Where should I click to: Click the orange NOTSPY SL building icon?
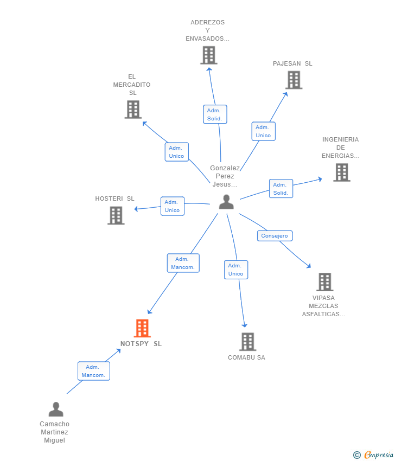pyautogui.click(x=142, y=328)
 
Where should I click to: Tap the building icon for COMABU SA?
pyautogui.click(x=247, y=342)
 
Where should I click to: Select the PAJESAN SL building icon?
pyautogui.click(x=294, y=80)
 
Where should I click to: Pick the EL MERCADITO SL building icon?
pyautogui.click(x=133, y=110)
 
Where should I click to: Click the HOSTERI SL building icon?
pyautogui.click(x=116, y=215)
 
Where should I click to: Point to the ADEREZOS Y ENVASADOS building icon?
pyautogui.click(x=208, y=55)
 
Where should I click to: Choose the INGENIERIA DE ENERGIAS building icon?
pyautogui.click(x=341, y=172)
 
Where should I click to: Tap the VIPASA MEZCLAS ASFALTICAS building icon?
pyautogui.click(x=324, y=282)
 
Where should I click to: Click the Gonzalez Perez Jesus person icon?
pyautogui.click(x=226, y=202)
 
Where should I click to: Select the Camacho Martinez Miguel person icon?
pyautogui.click(x=56, y=409)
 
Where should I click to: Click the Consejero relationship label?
pyautogui.click(x=275, y=236)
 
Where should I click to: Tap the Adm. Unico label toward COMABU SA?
pyautogui.click(x=235, y=270)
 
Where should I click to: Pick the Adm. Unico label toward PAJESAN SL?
pyautogui.click(x=263, y=131)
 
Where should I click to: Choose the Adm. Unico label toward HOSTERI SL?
pyautogui.click(x=172, y=206)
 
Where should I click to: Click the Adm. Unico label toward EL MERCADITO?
pyautogui.click(x=176, y=152)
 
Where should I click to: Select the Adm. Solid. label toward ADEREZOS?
pyautogui.click(x=214, y=114)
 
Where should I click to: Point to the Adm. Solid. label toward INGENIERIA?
pyautogui.click(x=281, y=189)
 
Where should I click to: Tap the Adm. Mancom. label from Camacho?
pyautogui.click(x=93, y=371)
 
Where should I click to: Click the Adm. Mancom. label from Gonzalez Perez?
pyautogui.click(x=183, y=263)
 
